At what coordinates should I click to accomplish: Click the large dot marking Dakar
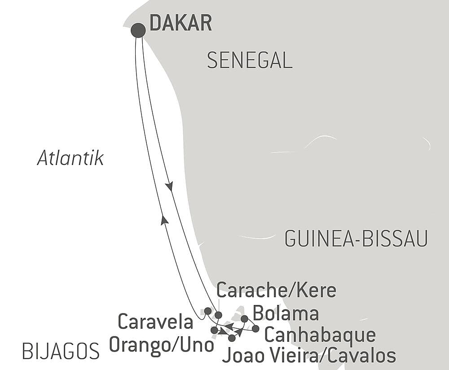[138, 30]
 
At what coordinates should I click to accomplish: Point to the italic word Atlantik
[70, 158]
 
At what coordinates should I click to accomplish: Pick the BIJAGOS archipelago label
[61, 351]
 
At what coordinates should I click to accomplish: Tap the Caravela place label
[155, 322]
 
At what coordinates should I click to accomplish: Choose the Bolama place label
[286, 313]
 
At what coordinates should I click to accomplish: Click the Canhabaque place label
[319, 335]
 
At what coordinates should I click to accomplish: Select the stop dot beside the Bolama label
[244, 318]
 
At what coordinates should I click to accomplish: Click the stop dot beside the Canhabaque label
[255, 328]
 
